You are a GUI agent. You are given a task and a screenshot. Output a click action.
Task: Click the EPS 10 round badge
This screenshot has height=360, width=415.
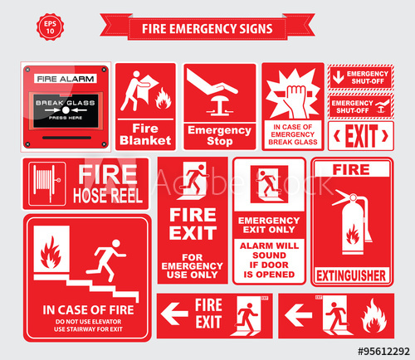point(49,26)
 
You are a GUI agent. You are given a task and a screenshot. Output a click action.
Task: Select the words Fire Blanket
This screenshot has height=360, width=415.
point(145,134)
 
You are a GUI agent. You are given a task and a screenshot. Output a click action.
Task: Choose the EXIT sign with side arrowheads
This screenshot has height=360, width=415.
point(360,135)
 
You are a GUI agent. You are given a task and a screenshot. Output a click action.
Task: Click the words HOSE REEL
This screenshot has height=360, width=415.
point(108,196)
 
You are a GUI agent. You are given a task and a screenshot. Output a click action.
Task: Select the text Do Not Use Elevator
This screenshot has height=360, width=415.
point(87,320)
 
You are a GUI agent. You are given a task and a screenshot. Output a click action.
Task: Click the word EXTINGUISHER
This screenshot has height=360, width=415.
point(351,272)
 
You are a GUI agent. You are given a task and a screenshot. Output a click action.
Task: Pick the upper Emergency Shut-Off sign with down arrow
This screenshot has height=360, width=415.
point(360,76)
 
